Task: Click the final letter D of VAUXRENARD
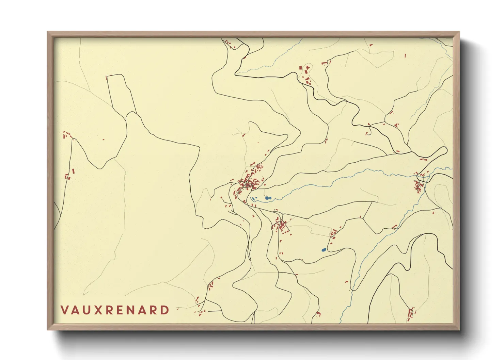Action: coord(165,310)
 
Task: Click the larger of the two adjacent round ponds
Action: coord(267,198)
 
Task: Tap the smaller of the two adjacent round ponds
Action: coord(270,198)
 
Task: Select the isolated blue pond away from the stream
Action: coord(324,250)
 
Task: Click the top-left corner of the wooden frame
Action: coord(48,32)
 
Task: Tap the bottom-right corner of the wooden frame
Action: coord(459,329)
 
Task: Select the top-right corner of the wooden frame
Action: coord(459,32)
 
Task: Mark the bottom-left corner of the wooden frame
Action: coord(48,329)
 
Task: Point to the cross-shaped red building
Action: coord(308,68)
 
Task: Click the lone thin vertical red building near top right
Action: coord(405,55)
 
